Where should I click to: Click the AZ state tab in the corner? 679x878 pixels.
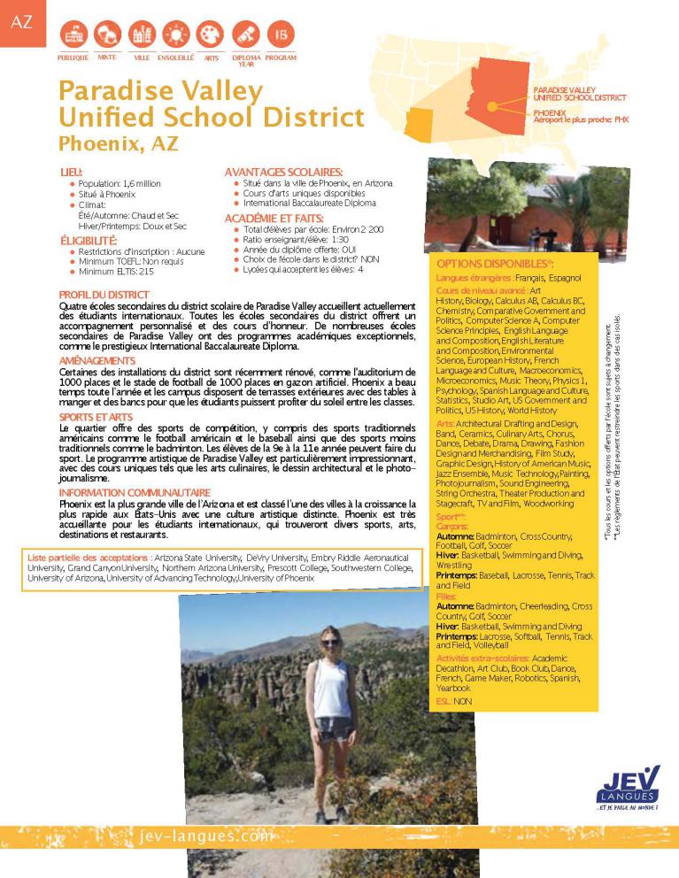pos(20,22)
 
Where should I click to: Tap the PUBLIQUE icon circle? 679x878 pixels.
pos(73,35)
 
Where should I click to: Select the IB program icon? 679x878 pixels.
pos(280,35)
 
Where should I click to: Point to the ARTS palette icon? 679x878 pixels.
pos(211,35)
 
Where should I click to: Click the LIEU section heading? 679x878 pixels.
pos(72,172)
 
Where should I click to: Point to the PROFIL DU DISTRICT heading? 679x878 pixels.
pos(104,294)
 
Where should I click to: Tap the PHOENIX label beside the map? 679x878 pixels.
pos(550,112)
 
